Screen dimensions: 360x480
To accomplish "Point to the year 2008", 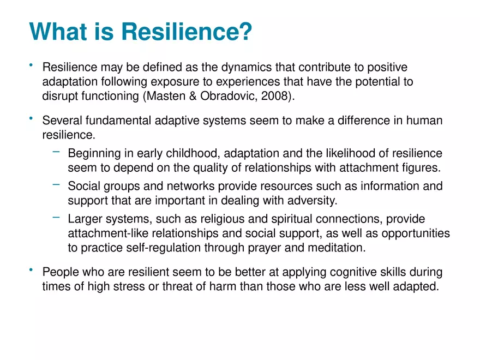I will tap(275, 97).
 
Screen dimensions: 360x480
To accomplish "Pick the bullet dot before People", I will tap(32, 270).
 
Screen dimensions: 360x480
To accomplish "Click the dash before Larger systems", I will tap(56, 218).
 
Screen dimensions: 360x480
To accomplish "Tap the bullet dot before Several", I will tap(32, 119).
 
